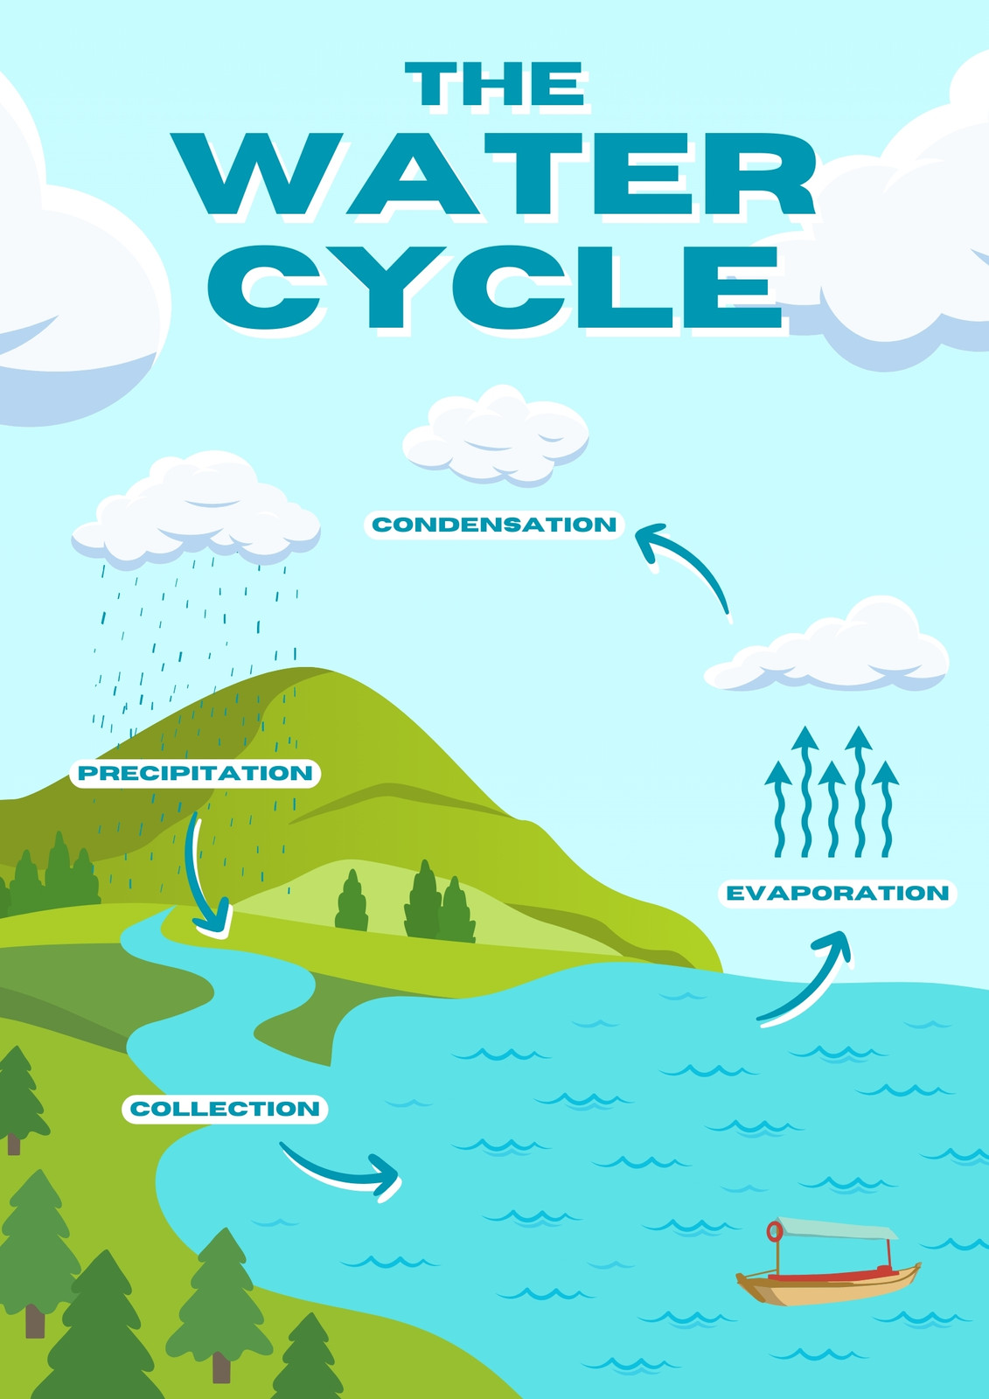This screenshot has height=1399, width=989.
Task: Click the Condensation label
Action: pyautogui.click(x=494, y=525)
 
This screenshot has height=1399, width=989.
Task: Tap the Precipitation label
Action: pyautogui.click(x=195, y=773)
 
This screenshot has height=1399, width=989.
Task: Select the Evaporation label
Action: pyautogui.click(x=837, y=893)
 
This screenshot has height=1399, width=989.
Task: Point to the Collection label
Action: pyautogui.click(x=225, y=1110)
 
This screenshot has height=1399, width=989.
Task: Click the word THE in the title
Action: pyautogui.click(x=495, y=83)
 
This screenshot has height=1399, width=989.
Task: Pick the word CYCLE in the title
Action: pyautogui.click(x=495, y=286)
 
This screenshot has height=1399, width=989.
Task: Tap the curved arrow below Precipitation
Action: pyautogui.click(x=198, y=874)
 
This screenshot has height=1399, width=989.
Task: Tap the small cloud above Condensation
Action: pyautogui.click(x=496, y=435)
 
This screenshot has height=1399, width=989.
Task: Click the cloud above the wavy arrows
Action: pyautogui.click(x=826, y=645)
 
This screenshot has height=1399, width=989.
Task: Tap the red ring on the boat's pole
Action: pyautogui.click(x=775, y=1232)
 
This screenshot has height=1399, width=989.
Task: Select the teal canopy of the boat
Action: pyautogui.click(x=836, y=1228)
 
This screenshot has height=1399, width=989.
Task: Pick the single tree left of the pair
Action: pyautogui.click(x=352, y=901)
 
